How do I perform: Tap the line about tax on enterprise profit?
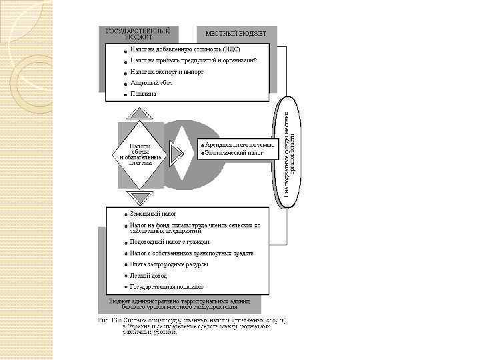(x=193, y=61)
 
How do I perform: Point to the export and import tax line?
(x=167, y=72)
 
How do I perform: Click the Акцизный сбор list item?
(x=151, y=83)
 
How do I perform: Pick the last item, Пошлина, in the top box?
(x=143, y=95)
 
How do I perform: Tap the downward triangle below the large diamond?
(x=140, y=197)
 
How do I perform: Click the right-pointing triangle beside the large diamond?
(x=176, y=155)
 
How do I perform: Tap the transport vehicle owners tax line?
(x=191, y=253)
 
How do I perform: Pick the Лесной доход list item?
(x=149, y=275)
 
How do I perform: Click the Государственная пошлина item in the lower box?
(x=167, y=287)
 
